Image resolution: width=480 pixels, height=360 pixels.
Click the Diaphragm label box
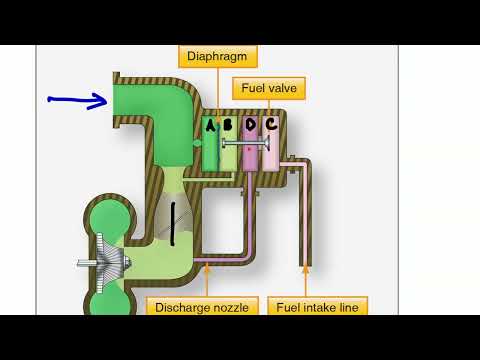[217, 55]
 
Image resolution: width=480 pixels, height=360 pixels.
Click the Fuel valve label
[269, 88]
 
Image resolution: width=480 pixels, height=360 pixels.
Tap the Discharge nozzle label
[203, 307]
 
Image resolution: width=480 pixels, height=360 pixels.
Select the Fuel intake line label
[318, 307]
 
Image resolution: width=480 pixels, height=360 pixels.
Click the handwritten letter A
[211, 126]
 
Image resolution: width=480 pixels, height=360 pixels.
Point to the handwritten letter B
[228, 126]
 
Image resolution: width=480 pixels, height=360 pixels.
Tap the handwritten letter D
[250, 126]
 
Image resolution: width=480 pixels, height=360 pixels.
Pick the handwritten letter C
[271, 125]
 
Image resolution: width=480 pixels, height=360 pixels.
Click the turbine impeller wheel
[112, 263]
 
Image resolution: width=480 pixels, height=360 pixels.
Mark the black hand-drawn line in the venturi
[172, 222]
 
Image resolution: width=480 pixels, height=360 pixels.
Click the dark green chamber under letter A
[211, 153]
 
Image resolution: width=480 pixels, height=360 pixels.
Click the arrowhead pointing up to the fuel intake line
[305, 269]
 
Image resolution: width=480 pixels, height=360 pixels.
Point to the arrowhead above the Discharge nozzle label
[206, 268]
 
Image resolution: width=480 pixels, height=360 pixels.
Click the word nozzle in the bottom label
[229, 307]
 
